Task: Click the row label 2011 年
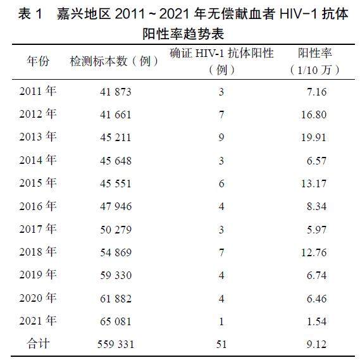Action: tap(38, 91)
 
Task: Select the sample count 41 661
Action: tap(116, 115)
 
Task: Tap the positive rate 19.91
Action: tap(314, 137)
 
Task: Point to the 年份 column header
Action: tap(38, 61)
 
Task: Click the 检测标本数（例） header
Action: tap(114, 61)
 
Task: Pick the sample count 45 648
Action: tap(116, 161)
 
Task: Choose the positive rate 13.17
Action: tap(314, 183)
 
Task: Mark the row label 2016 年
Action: tap(38, 206)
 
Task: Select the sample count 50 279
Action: tap(116, 230)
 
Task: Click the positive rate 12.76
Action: tap(314, 252)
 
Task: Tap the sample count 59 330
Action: tap(116, 275)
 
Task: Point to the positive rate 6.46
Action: tap(316, 299)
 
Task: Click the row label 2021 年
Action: tap(38, 321)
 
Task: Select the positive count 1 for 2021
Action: tap(221, 321)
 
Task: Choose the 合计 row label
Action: tap(38, 344)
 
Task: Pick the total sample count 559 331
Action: tap(116, 344)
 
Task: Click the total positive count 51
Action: tap(221, 344)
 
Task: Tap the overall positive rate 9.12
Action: tap(316, 344)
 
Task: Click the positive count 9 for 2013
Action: tap(221, 137)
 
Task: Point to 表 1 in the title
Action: tap(30, 14)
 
